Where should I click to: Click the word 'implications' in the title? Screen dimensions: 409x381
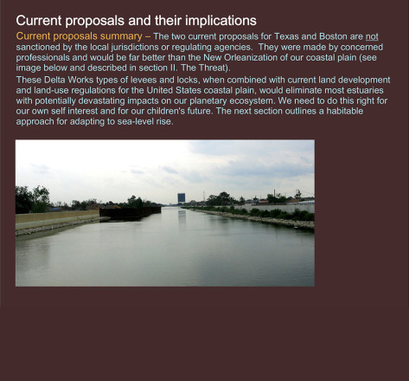(220, 21)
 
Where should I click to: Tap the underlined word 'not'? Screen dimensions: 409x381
(372, 36)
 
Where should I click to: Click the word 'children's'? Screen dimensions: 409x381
(165, 111)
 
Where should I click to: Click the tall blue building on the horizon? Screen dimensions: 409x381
(182, 198)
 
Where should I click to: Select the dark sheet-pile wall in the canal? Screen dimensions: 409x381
(130, 213)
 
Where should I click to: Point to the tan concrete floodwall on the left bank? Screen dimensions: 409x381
(57, 216)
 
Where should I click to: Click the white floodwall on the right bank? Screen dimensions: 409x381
(277, 208)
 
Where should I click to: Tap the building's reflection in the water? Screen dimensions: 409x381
(182, 217)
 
